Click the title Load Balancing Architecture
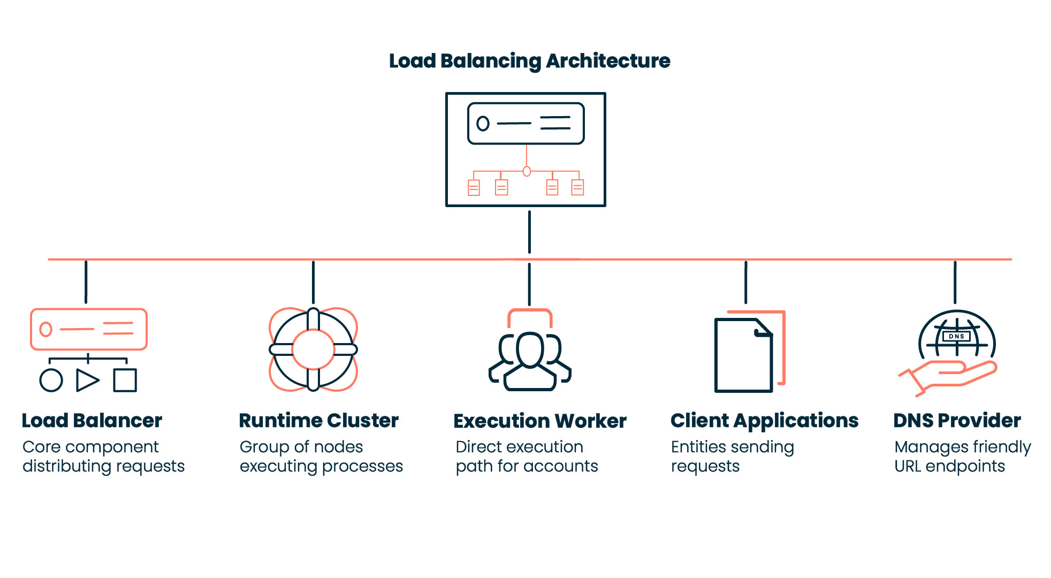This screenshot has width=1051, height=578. tap(529, 61)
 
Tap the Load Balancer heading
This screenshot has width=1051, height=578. tap(92, 421)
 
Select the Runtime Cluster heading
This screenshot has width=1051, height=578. tap(318, 421)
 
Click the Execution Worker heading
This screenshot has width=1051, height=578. tap(539, 421)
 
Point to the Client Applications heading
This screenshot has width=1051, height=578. tap(764, 421)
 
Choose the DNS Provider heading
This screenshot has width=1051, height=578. tap(957, 421)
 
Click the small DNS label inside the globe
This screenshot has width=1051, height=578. tap(956, 337)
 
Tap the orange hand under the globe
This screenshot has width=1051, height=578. tap(953, 375)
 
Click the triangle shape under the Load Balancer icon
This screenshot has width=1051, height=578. tap(87, 381)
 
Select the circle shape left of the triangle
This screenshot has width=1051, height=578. tap(51, 381)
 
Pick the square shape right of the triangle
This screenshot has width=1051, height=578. tap(125, 381)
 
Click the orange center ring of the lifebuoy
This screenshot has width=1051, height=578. tap(313, 331)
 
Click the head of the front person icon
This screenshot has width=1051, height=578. tap(530, 349)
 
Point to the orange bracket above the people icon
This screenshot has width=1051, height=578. tap(530, 311)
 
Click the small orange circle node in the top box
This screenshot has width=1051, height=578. tap(527, 171)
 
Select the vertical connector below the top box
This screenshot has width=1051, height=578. tap(529, 232)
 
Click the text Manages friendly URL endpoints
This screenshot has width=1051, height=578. tap(962, 457)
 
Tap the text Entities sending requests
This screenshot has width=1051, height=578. tap(732, 457)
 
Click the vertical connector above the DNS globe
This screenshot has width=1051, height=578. tap(955, 282)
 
